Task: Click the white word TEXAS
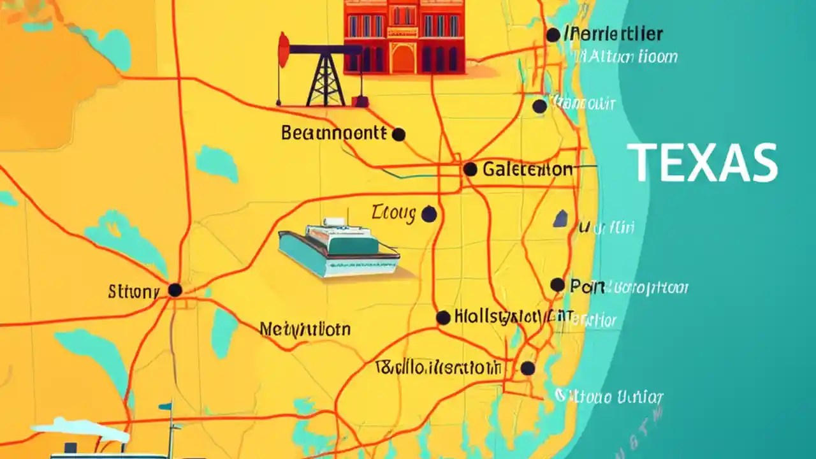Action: pyautogui.click(x=702, y=163)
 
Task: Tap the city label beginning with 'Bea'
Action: pyautogui.click(x=333, y=133)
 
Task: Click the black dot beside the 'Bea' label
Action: pyautogui.click(x=398, y=135)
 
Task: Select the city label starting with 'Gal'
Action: pyautogui.click(x=527, y=170)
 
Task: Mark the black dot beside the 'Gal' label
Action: pyautogui.click(x=470, y=169)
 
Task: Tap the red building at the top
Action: pyautogui.click(x=403, y=35)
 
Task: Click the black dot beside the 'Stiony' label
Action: pyautogui.click(x=175, y=290)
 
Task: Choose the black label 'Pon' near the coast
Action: pyautogui.click(x=586, y=287)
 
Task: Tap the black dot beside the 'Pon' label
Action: pyautogui.click(x=557, y=284)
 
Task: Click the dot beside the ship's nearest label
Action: pyautogui.click(x=429, y=215)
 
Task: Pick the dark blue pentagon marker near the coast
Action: pyautogui.click(x=560, y=219)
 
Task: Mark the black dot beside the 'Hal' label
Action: pyautogui.click(x=443, y=317)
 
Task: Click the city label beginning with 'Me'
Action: pyautogui.click(x=305, y=330)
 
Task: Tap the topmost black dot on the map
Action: pyautogui.click(x=553, y=35)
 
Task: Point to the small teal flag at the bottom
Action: pyautogui.click(x=165, y=406)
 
